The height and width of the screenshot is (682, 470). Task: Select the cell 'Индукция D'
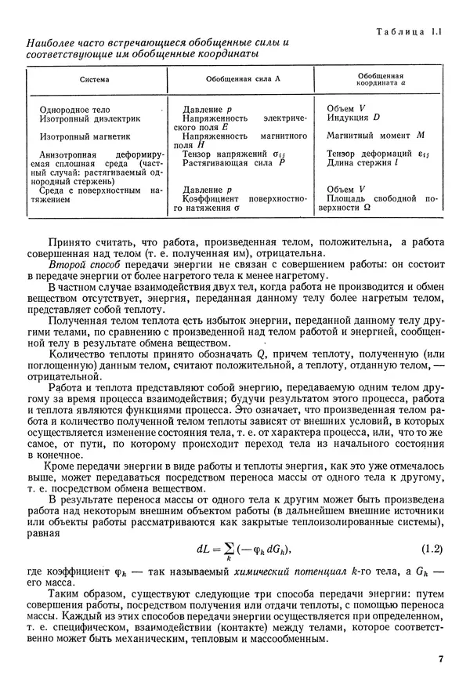click(352, 118)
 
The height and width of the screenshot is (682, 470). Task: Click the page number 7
click(441, 658)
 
